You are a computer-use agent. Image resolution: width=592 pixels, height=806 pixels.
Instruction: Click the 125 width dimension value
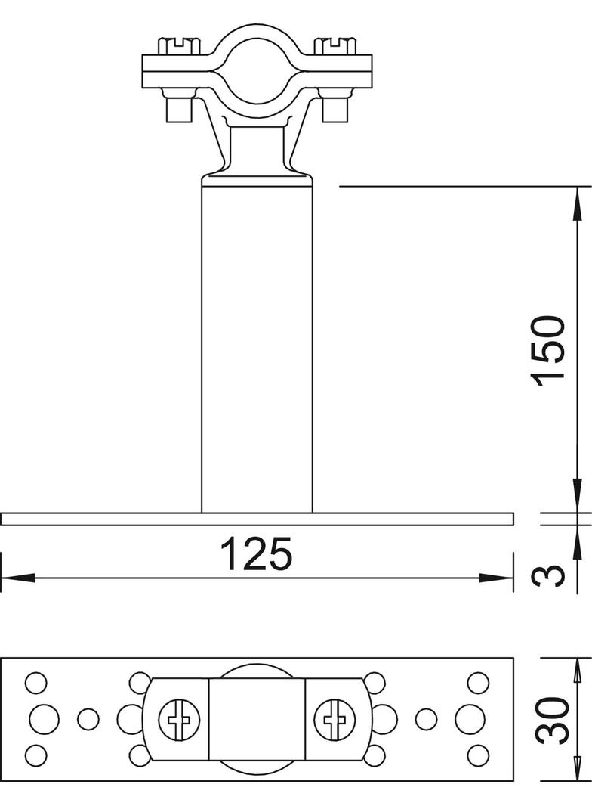pos(255,554)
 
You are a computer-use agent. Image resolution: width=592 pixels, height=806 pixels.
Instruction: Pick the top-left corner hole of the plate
pos(35,683)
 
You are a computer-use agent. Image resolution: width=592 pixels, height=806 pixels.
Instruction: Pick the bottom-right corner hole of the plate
pos(477,754)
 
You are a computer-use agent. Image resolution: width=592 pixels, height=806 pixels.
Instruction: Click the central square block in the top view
pos(257,719)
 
